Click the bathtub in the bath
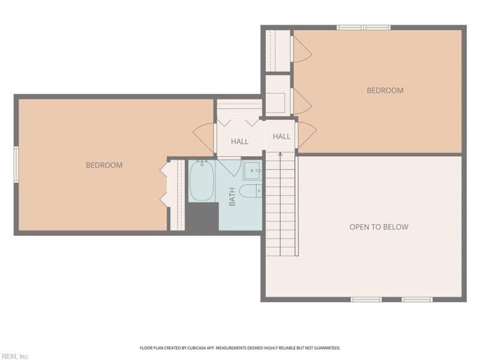202,181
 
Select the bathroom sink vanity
252,170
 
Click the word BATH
232,198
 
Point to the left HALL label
240,142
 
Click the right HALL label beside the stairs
281,136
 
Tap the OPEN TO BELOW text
379,227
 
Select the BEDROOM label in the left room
104,165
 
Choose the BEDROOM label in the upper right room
385,91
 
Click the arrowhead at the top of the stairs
281,154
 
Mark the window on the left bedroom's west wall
17,163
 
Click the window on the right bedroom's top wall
364,27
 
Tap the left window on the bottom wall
366,299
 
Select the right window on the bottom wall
417,299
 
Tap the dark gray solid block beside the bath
202,217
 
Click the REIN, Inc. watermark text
14,356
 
